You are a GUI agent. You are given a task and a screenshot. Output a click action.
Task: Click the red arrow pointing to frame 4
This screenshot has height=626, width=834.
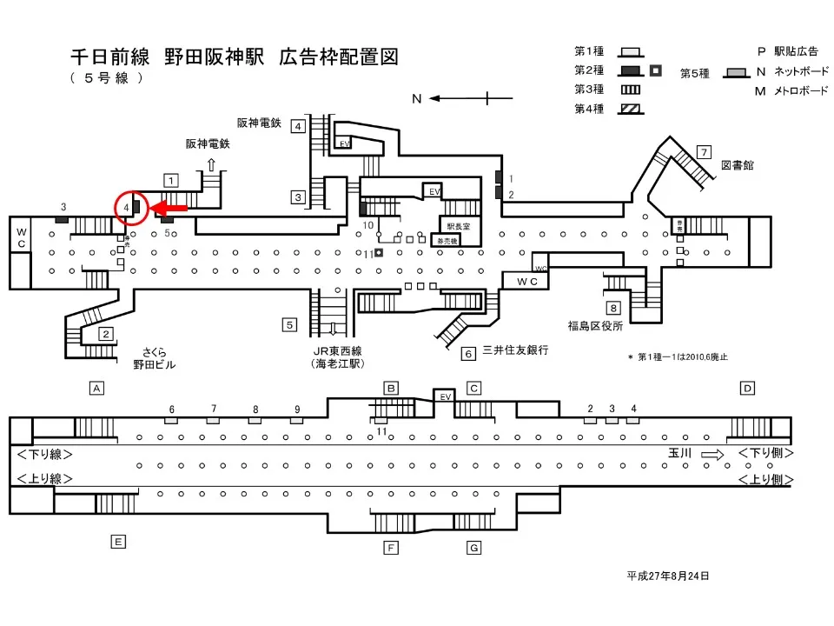click(x=169, y=208)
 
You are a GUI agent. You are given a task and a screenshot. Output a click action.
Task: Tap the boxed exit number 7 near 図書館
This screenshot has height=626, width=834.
click(x=705, y=151)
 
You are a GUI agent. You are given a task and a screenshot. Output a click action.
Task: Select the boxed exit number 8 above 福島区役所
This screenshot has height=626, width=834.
click(x=614, y=308)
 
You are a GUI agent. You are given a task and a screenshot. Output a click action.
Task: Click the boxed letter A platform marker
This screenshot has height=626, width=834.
click(x=97, y=388)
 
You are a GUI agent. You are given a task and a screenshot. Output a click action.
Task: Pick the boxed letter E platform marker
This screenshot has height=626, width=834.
click(x=119, y=542)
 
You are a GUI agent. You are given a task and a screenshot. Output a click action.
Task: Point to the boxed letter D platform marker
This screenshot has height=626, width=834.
click(x=747, y=388)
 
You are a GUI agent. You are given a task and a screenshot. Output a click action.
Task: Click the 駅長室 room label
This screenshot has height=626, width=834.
click(x=457, y=226)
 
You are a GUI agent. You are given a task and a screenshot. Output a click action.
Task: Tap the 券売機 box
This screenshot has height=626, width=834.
click(x=446, y=240)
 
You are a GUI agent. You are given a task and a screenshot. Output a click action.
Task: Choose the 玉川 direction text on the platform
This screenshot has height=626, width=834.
click(x=679, y=454)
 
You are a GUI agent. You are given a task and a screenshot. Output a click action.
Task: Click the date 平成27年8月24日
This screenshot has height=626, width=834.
click(x=668, y=576)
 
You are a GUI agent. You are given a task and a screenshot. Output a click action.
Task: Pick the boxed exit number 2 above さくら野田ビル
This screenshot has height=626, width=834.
click(x=106, y=334)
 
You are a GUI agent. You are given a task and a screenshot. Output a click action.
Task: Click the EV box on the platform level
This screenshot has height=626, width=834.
click(x=444, y=396)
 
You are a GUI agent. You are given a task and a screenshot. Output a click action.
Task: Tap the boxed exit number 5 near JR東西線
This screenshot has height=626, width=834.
click(x=289, y=325)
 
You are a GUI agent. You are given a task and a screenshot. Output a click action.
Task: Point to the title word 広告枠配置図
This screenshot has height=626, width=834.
click(x=339, y=57)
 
